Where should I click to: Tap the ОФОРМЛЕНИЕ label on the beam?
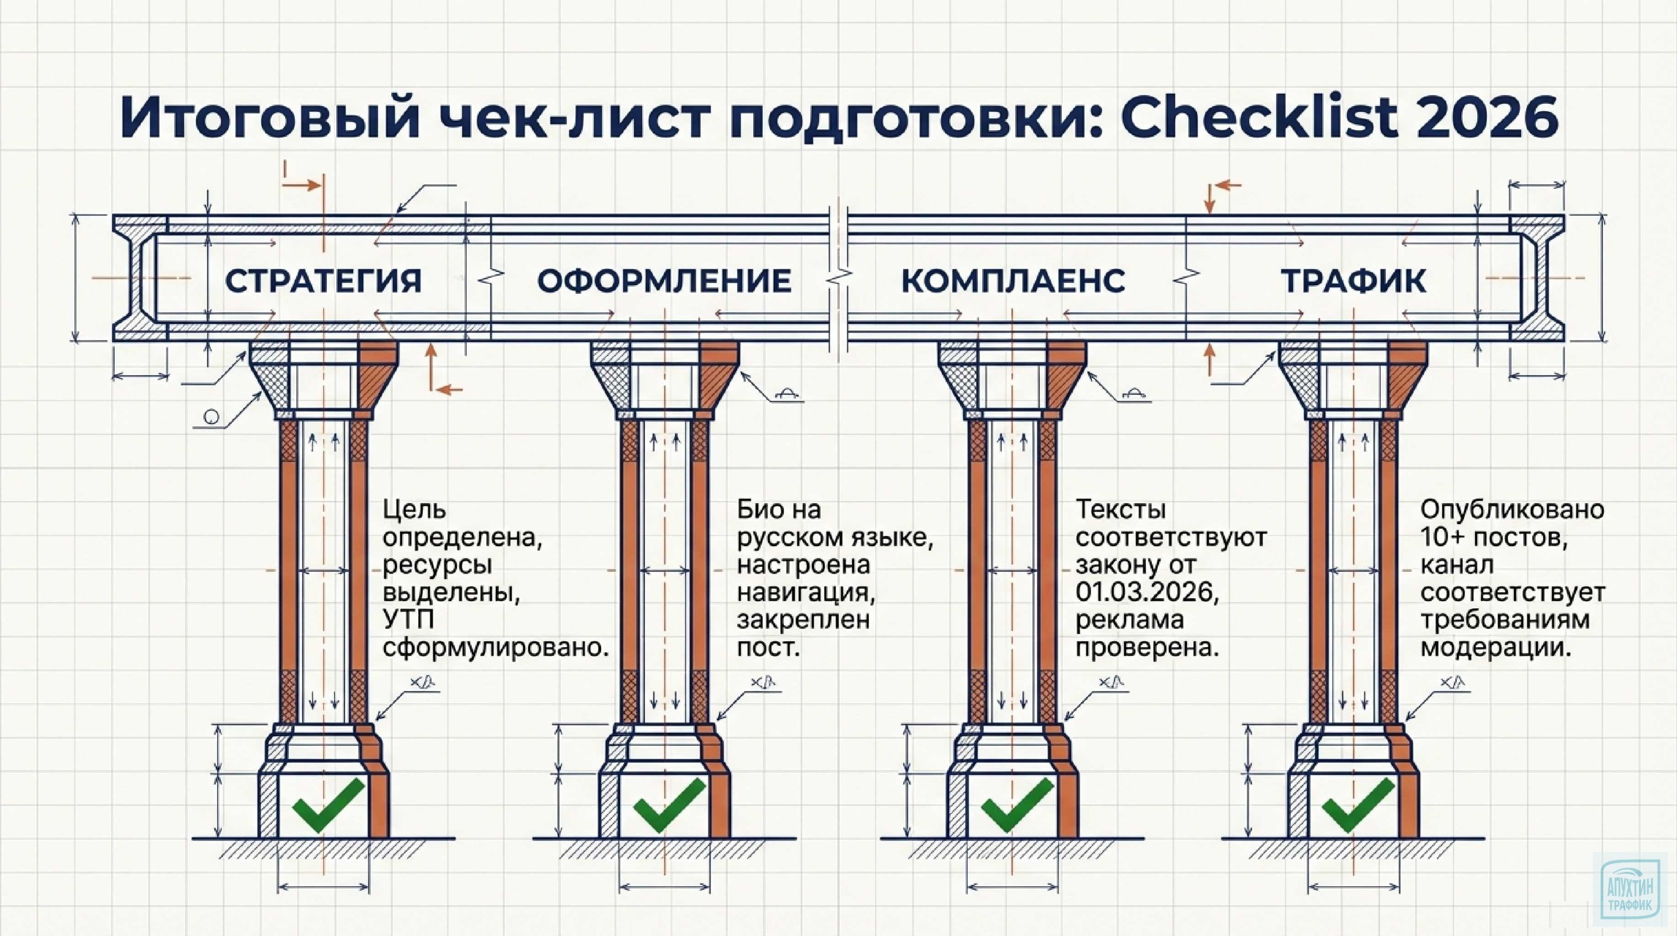(x=664, y=281)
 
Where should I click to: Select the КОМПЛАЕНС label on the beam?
(x=1013, y=281)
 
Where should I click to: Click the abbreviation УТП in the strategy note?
(x=408, y=620)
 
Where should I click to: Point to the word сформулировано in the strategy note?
(x=495, y=648)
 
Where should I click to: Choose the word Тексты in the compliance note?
(x=1120, y=509)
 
